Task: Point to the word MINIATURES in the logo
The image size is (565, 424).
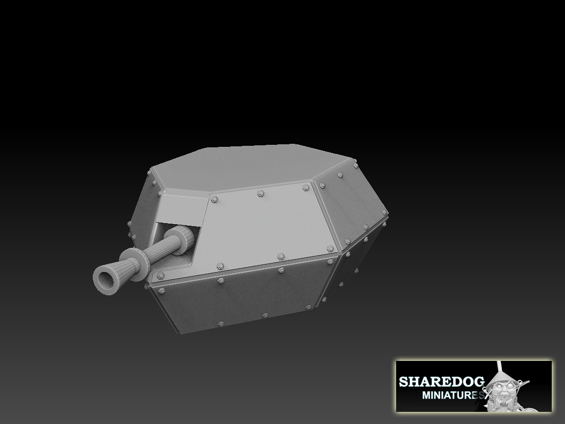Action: (452, 394)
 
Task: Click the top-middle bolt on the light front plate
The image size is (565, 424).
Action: (260, 193)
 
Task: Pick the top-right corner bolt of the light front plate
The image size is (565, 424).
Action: (306, 188)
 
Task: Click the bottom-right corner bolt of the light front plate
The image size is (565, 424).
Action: (330, 249)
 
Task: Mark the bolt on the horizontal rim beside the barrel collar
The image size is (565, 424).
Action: (161, 276)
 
